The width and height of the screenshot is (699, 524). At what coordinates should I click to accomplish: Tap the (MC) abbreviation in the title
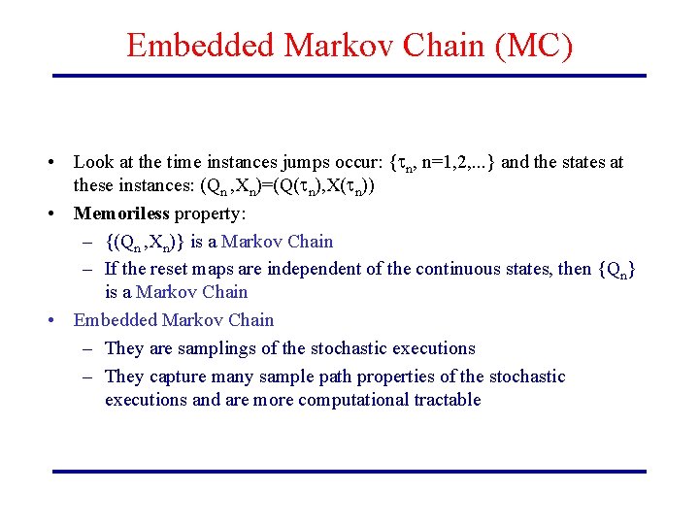[x=533, y=46]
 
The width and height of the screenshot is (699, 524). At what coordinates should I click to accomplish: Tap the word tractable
[x=446, y=400]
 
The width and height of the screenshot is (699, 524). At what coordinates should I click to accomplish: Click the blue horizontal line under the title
[x=349, y=76]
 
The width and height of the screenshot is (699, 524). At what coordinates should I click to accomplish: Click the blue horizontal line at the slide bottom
[x=349, y=472]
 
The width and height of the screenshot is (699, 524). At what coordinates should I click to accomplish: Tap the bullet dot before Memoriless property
[x=60, y=213]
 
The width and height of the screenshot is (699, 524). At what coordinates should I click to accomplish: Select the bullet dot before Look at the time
[x=60, y=162]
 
